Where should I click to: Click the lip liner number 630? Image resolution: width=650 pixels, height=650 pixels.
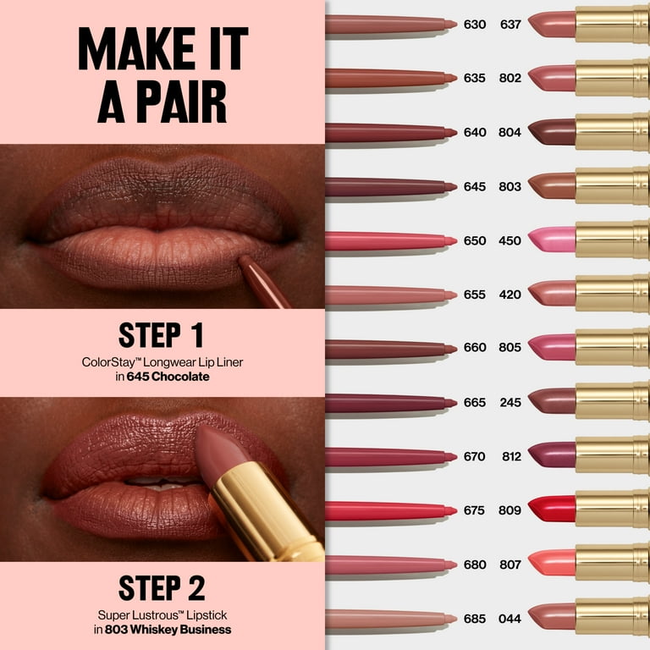[474, 25]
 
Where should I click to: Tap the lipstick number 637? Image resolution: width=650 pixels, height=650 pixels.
[510, 25]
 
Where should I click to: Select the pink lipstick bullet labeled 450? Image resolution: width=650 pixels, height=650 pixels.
[552, 240]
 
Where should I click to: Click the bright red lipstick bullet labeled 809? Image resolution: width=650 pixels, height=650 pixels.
[552, 509]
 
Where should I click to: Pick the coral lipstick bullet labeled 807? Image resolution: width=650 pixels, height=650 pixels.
[552, 563]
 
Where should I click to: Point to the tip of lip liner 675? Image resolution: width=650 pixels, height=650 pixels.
[450, 510]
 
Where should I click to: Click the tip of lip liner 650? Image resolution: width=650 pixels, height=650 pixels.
[450, 241]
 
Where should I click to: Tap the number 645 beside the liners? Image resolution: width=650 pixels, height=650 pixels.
[474, 186]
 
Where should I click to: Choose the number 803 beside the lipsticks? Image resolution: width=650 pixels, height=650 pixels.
[510, 186]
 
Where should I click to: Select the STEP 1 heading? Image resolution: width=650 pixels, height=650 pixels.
[161, 335]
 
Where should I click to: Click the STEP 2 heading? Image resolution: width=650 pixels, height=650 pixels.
[161, 587]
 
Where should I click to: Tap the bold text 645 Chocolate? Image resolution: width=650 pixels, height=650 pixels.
[168, 377]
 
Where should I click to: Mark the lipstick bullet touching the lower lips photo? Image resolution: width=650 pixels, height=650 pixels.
[222, 452]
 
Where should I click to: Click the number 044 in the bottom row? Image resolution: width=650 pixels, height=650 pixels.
[510, 618]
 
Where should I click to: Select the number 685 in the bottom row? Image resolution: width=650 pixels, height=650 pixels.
[474, 618]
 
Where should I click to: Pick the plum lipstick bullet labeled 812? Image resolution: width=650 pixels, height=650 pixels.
[552, 454]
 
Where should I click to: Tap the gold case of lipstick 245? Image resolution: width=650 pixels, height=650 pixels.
[612, 401]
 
